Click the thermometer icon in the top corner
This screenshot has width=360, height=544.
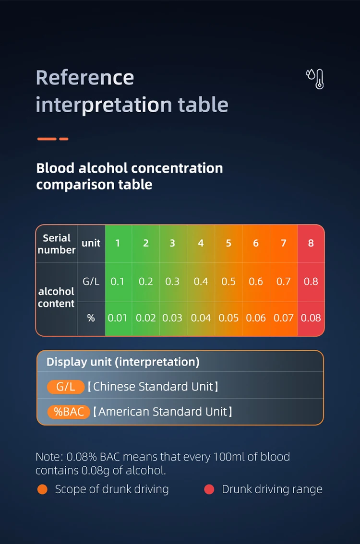point(315,79)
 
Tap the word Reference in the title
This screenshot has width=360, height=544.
point(84,77)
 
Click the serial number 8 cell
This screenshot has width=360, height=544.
point(311,243)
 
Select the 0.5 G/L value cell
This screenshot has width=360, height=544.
point(228,282)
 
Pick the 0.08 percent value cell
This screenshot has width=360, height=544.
point(311,318)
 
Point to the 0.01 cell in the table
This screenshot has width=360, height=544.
point(117,318)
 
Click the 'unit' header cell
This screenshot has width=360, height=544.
point(91,243)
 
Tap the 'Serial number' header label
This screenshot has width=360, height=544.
point(57,244)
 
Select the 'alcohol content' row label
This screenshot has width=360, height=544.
point(56,297)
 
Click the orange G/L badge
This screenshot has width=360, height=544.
point(66,387)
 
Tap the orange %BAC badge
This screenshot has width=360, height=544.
point(69,412)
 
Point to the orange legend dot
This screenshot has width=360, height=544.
point(42,489)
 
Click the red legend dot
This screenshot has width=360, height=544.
point(209,489)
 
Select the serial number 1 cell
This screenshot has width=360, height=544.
point(118,243)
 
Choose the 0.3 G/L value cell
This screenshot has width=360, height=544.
point(172,282)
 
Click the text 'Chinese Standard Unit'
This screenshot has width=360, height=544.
point(153,387)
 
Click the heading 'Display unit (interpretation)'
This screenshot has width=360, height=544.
point(123,362)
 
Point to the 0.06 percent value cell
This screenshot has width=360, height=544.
point(256,318)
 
